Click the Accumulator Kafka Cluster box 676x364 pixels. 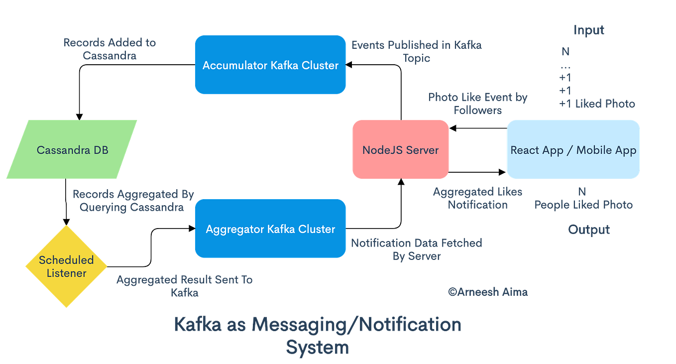click(270, 65)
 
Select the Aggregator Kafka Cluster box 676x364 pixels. click(270, 229)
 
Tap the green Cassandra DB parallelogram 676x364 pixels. click(72, 149)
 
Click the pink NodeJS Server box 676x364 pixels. click(400, 149)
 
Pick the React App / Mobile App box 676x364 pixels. click(573, 149)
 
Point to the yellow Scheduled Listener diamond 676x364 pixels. click(66, 266)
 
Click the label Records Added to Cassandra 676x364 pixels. click(110, 49)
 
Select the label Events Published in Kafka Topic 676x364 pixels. click(416, 51)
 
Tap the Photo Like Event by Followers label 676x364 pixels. click(477, 103)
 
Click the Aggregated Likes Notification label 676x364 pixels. click(477, 198)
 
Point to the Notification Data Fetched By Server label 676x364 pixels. click(417, 249)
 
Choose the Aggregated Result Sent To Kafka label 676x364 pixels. click(185, 286)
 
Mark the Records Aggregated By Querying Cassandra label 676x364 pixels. click(133, 201)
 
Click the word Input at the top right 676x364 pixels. click(588, 30)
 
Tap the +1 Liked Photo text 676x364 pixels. click(597, 104)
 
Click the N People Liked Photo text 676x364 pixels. click(583, 199)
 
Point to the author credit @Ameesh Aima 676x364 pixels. click(488, 292)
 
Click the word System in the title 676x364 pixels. click(318, 347)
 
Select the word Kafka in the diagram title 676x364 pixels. click(197, 324)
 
